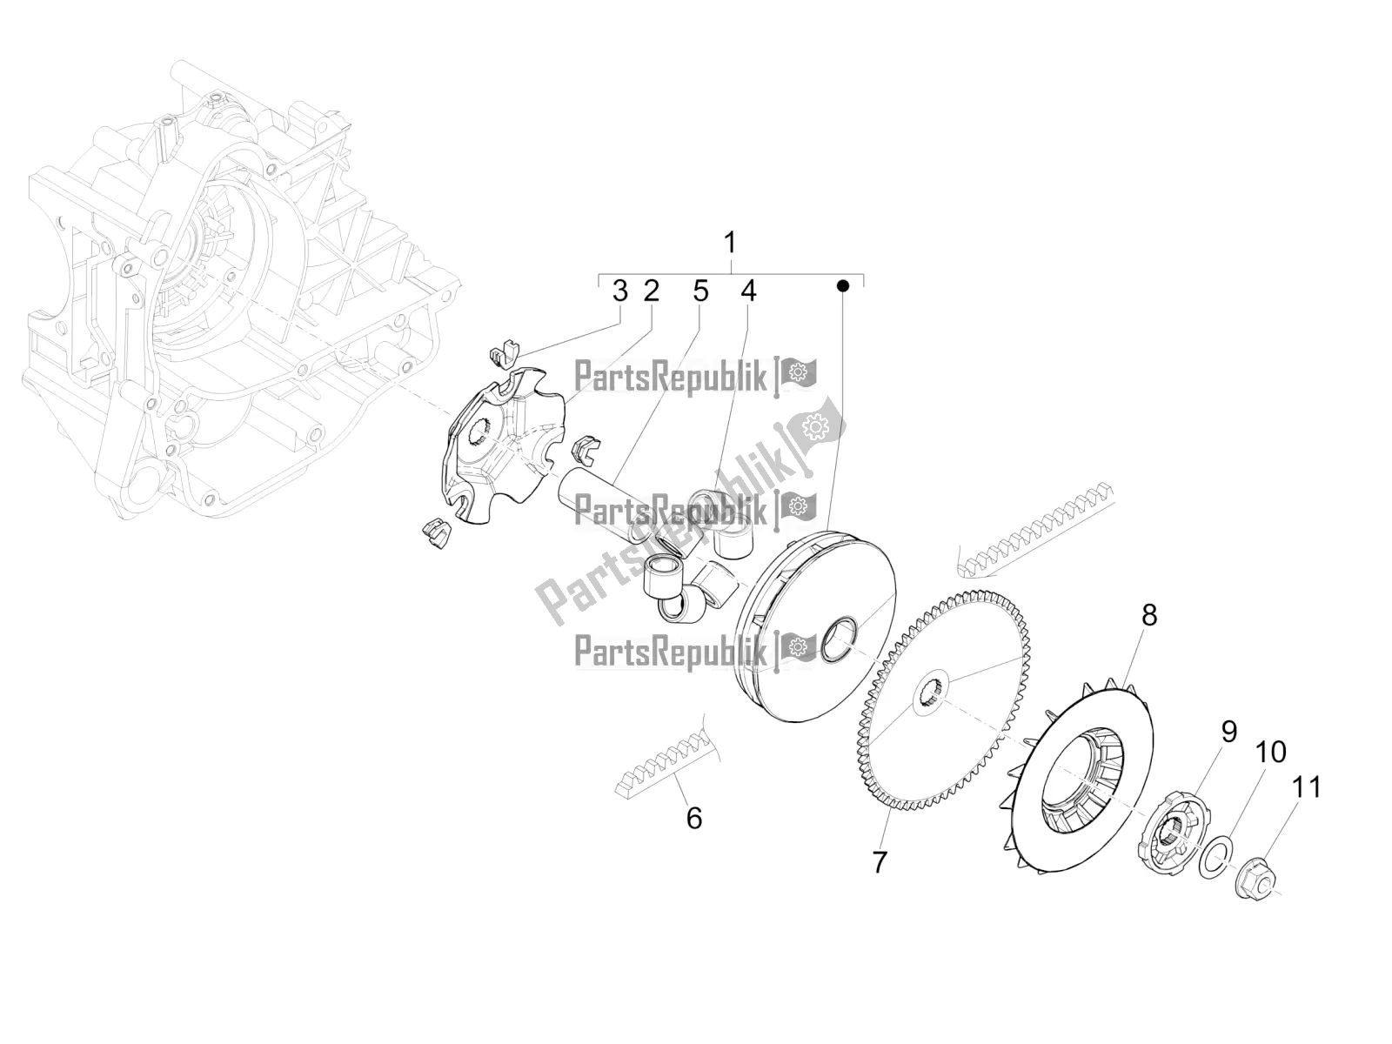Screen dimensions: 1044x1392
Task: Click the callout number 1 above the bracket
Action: tap(730, 243)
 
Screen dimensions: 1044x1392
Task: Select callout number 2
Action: tap(651, 291)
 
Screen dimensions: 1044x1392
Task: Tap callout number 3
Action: tap(619, 291)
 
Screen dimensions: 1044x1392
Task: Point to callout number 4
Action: tap(748, 291)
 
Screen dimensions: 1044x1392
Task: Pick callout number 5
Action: tap(700, 291)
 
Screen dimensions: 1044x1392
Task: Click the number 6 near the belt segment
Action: tap(693, 819)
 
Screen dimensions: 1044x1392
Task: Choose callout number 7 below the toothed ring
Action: tap(880, 840)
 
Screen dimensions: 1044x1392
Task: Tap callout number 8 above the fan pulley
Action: tap(1149, 616)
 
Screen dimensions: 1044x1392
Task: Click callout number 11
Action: tap(1306, 788)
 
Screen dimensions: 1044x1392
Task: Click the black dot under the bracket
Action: tap(841, 285)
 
